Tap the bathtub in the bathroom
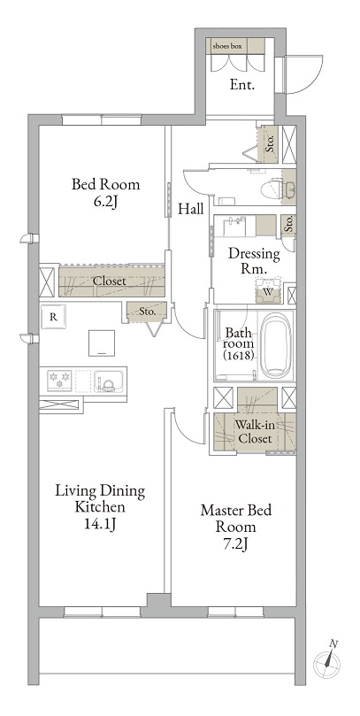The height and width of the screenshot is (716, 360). click(276, 345)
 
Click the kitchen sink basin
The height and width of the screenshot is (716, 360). click(109, 380)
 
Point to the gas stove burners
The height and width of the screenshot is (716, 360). click(60, 380)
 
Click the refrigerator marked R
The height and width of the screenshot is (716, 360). click(53, 317)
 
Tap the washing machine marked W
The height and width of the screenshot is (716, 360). click(268, 290)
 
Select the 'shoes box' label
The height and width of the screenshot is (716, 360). click(226, 46)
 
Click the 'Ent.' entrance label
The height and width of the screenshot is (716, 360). click(241, 84)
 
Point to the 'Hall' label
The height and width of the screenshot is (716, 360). click(191, 210)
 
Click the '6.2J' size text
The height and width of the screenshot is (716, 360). click(106, 202)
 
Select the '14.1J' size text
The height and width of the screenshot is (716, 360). click(100, 525)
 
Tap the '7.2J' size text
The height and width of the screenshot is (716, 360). click(236, 543)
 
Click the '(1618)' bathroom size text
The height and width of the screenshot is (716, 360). click(238, 356)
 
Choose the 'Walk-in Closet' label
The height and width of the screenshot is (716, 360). click(255, 432)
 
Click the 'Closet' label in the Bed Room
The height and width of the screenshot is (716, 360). click(109, 281)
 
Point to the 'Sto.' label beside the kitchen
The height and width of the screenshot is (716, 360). click(147, 312)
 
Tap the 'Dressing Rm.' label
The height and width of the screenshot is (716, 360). click(254, 260)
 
